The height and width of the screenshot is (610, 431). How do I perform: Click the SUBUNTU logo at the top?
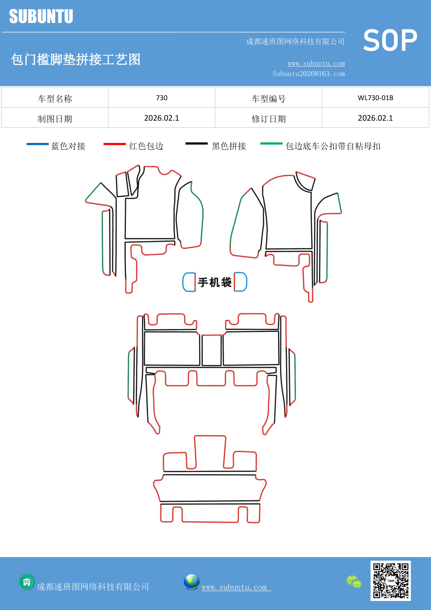pos(41,16)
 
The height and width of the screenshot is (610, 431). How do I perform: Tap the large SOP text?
pos(390,41)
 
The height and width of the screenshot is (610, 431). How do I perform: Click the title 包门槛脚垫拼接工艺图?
pos(75,59)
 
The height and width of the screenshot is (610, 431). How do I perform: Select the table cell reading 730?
pos(161,98)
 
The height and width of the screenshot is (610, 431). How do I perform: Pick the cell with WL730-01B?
pos(375,98)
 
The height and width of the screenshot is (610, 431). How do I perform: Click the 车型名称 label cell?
pos(55,99)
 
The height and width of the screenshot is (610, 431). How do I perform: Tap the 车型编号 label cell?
pos(268,99)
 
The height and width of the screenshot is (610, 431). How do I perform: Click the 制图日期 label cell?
pos(55,119)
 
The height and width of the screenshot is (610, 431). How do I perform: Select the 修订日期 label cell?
pos(268,119)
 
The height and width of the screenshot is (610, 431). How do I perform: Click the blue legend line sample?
pos(38,144)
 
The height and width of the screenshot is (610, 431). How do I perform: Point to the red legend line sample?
pos(114,144)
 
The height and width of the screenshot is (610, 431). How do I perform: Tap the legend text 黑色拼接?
pos(229,146)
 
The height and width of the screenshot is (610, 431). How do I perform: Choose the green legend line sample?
pos(271,143)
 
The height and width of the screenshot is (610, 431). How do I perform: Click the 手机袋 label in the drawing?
pos(215,282)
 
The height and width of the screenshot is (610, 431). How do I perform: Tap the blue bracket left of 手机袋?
pos(189,282)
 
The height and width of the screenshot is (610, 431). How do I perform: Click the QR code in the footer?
pos(390,580)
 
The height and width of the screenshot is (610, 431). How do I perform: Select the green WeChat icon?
pos(354,582)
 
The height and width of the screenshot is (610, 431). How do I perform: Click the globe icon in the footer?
pos(191,582)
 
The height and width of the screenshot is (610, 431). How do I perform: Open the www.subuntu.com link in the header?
pos(316,63)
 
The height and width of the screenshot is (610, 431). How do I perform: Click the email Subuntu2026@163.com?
pos(308,74)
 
